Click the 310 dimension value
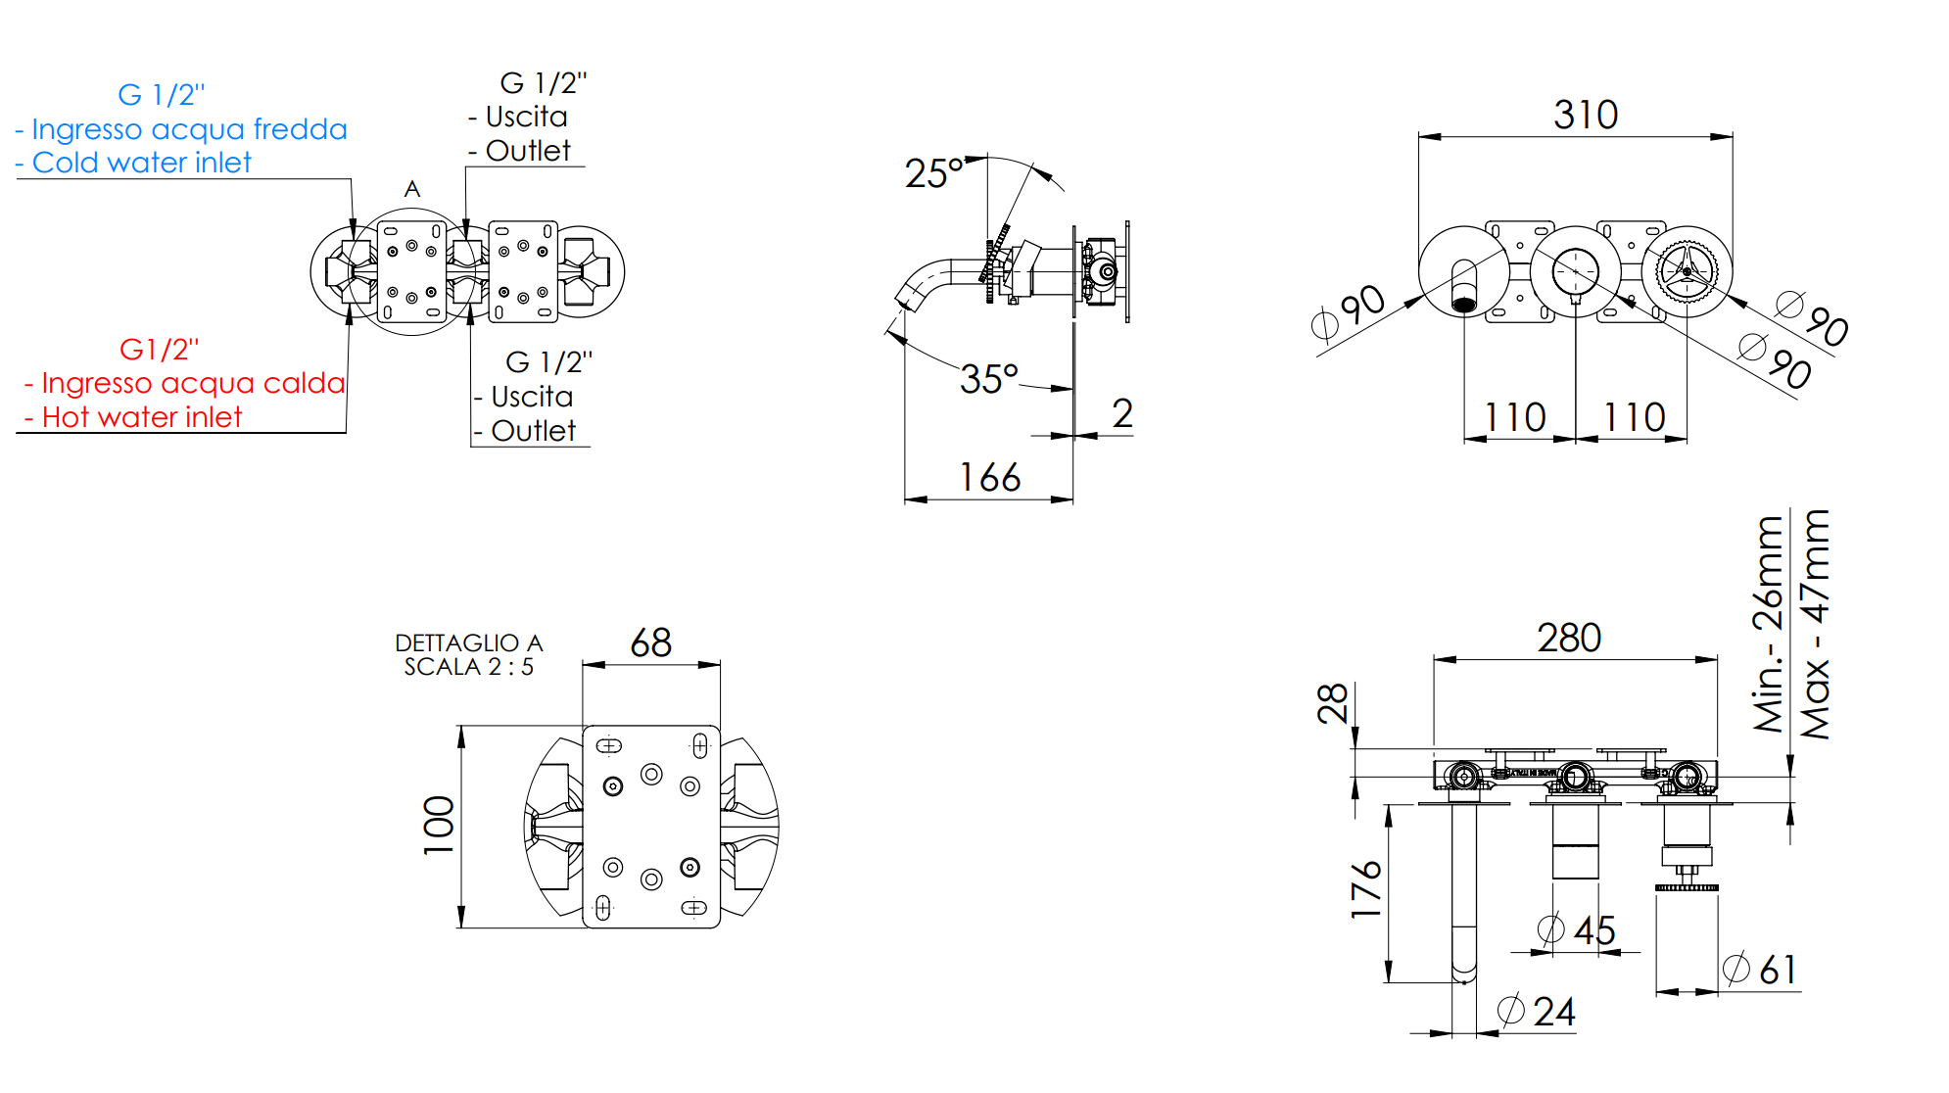(x=1586, y=115)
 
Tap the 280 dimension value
(x=1569, y=638)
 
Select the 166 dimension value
(x=989, y=478)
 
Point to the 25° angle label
(x=933, y=173)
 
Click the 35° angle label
(x=989, y=379)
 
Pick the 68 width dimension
(x=651, y=643)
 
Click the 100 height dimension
(x=439, y=826)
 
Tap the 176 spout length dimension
(x=1366, y=889)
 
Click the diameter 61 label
(x=1760, y=970)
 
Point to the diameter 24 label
(x=1537, y=1012)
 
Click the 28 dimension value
(x=1333, y=703)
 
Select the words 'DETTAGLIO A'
(x=468, y=642)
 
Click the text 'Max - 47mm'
(x=1815, y=625)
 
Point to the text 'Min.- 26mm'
(x=1768, y=625)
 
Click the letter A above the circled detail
(x=412, y=189)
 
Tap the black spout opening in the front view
(x=1463, y=305)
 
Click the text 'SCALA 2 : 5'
(x=468, y=667)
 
